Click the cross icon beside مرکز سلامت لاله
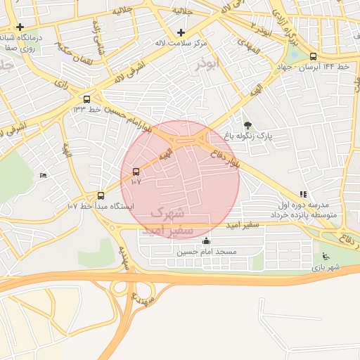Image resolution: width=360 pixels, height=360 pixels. click(181, 32)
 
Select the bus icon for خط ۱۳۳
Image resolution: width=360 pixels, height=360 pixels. click(86, 99)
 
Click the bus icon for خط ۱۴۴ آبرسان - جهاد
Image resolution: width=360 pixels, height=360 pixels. click(313, 57)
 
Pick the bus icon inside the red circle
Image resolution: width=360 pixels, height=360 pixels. click(136, 172)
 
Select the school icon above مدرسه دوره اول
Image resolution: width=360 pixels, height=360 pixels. click(303, 193)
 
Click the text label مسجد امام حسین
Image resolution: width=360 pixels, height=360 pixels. click(207, 252)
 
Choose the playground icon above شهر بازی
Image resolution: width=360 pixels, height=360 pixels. click(325, 257)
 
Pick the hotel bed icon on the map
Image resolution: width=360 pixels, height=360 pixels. click(44, 175)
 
